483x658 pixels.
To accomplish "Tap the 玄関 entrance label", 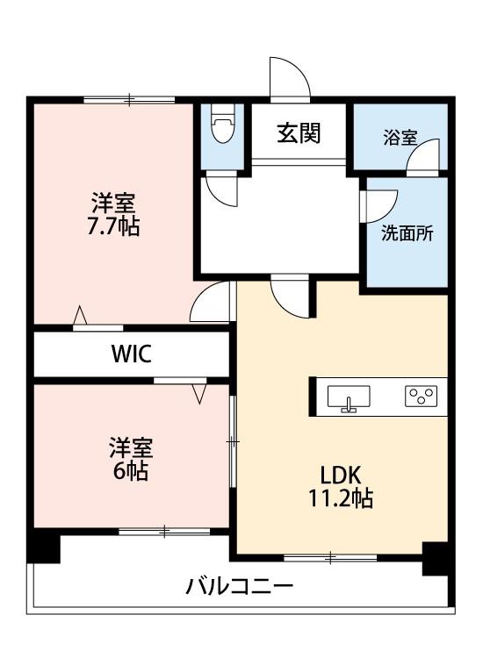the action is (299, 132).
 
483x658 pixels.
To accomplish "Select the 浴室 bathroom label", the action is (400, 138).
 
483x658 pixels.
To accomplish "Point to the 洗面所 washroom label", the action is (407, 233).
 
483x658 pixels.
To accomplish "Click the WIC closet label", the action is (132, 354).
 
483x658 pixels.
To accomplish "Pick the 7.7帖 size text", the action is (113, 227).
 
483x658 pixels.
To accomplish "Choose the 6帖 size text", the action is (130, 471).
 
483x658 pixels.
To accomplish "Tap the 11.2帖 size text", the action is (341, 498).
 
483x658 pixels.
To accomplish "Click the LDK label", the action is (341, 475).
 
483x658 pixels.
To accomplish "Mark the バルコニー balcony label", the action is (240, 586).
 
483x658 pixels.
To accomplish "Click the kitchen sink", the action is (349, 397).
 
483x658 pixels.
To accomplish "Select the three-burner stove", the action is (421, 397).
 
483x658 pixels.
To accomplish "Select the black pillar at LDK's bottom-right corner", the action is (438, 559).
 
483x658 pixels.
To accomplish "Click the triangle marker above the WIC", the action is (80, 315).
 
